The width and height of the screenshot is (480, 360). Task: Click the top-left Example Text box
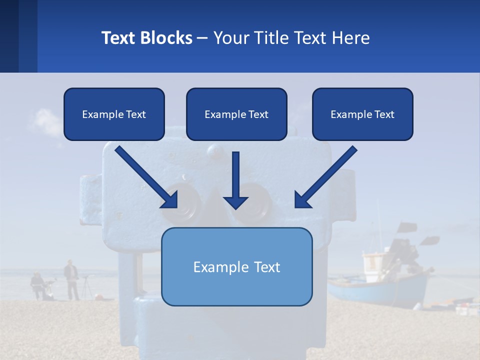click(x=114, y=114)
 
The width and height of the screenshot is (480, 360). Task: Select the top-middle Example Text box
click(x=236, y=114)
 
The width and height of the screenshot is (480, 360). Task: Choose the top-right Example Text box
click(x=362, y=114)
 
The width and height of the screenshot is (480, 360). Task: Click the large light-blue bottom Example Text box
click(x=236, y=267)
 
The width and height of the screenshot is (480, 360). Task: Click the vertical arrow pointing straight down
click(x=235, y=177)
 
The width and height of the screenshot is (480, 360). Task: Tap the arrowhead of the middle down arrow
click(x=235, y=202)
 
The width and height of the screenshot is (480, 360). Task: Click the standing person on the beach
click(x=71, y=280)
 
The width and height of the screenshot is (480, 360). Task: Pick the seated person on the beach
click(x=37, y=285)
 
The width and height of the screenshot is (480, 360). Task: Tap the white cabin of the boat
click(x=374, y=262)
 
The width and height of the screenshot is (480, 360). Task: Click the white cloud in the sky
click(x=47, y=122)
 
